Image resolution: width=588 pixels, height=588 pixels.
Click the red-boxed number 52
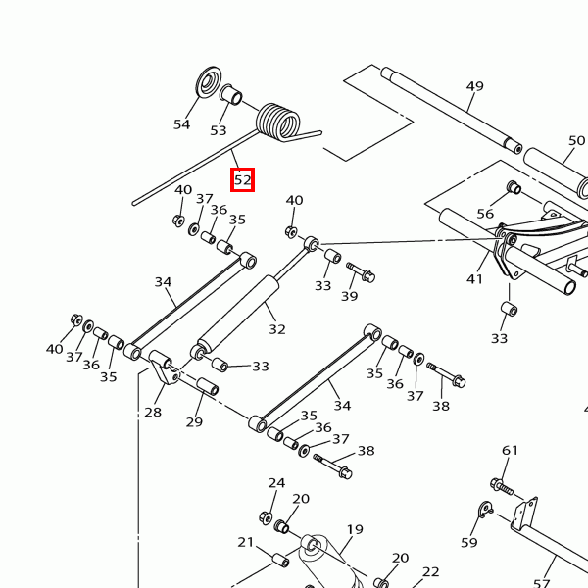coord(242,180)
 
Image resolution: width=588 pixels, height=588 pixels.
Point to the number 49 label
coord(474,86)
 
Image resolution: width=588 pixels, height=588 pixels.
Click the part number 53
coord(218,130)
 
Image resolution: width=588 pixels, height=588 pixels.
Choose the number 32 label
coord(277,329)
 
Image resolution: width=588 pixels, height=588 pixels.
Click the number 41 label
coord(475,279)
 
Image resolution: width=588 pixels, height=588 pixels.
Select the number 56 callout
coord(485,213)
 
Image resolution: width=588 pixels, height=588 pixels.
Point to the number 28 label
coord(153,412)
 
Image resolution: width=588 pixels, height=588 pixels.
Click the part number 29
coord(194,421)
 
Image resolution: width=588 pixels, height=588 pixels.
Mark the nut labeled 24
coord(266,517)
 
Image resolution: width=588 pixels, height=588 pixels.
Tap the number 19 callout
coord(354,530)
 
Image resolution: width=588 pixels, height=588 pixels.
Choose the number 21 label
coord(246,542)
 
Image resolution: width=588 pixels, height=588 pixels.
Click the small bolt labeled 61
coord(502,485)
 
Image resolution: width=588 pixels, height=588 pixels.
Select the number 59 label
coord(469,542)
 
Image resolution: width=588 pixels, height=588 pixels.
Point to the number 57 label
coord(542,583)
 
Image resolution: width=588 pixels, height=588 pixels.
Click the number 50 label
coord(577,141)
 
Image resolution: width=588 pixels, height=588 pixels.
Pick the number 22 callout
coord(431,572)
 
